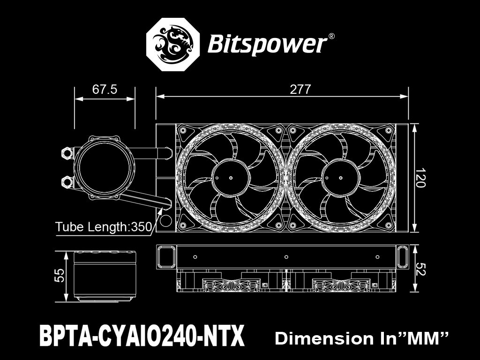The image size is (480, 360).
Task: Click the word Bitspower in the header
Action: (x=266, y=45)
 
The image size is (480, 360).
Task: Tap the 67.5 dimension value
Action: (x=105, y=90)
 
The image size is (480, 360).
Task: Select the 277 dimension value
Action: (x=300, y=90)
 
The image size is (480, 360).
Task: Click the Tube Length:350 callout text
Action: (x=104, y=227)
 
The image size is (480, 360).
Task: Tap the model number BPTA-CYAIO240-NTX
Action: (x=142, y=336)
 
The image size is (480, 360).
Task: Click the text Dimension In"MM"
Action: (x=362, y=338)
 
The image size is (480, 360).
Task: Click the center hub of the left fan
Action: (x=230, y=178)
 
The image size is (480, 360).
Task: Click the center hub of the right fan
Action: (x=339, y=178)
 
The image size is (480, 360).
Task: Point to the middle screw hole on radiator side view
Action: (x=286, y=257)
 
